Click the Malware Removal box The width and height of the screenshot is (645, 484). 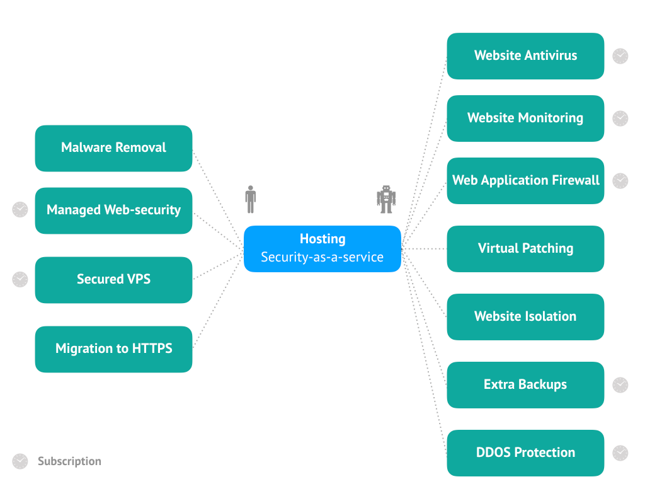point(113,148)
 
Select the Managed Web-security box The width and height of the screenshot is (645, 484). point(113,210)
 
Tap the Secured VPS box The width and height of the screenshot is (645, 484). point(113,279)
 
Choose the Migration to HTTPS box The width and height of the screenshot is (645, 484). point(113,349)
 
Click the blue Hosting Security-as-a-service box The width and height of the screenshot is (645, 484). point(322,248)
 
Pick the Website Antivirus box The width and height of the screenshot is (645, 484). point(525,56)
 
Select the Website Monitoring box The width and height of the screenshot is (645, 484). point(525,118)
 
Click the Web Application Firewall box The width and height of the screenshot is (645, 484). point(525,181)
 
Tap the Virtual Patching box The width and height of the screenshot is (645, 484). point(525,249)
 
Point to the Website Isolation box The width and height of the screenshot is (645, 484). point(525,317)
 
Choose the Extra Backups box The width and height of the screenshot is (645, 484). point(525,385)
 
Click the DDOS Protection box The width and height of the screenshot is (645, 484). point(525,453)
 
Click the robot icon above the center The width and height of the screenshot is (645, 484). point(385,199)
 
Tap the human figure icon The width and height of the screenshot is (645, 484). point(251,199)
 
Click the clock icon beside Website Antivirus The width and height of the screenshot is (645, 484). point(620,56)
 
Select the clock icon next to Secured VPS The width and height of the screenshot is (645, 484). point(20,279)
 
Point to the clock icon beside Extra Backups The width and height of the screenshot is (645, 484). point(620,384)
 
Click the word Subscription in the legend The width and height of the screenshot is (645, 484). point(69,461)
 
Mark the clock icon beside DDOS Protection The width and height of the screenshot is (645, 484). point(620,452)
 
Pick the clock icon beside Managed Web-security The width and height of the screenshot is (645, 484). point(20,209)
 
